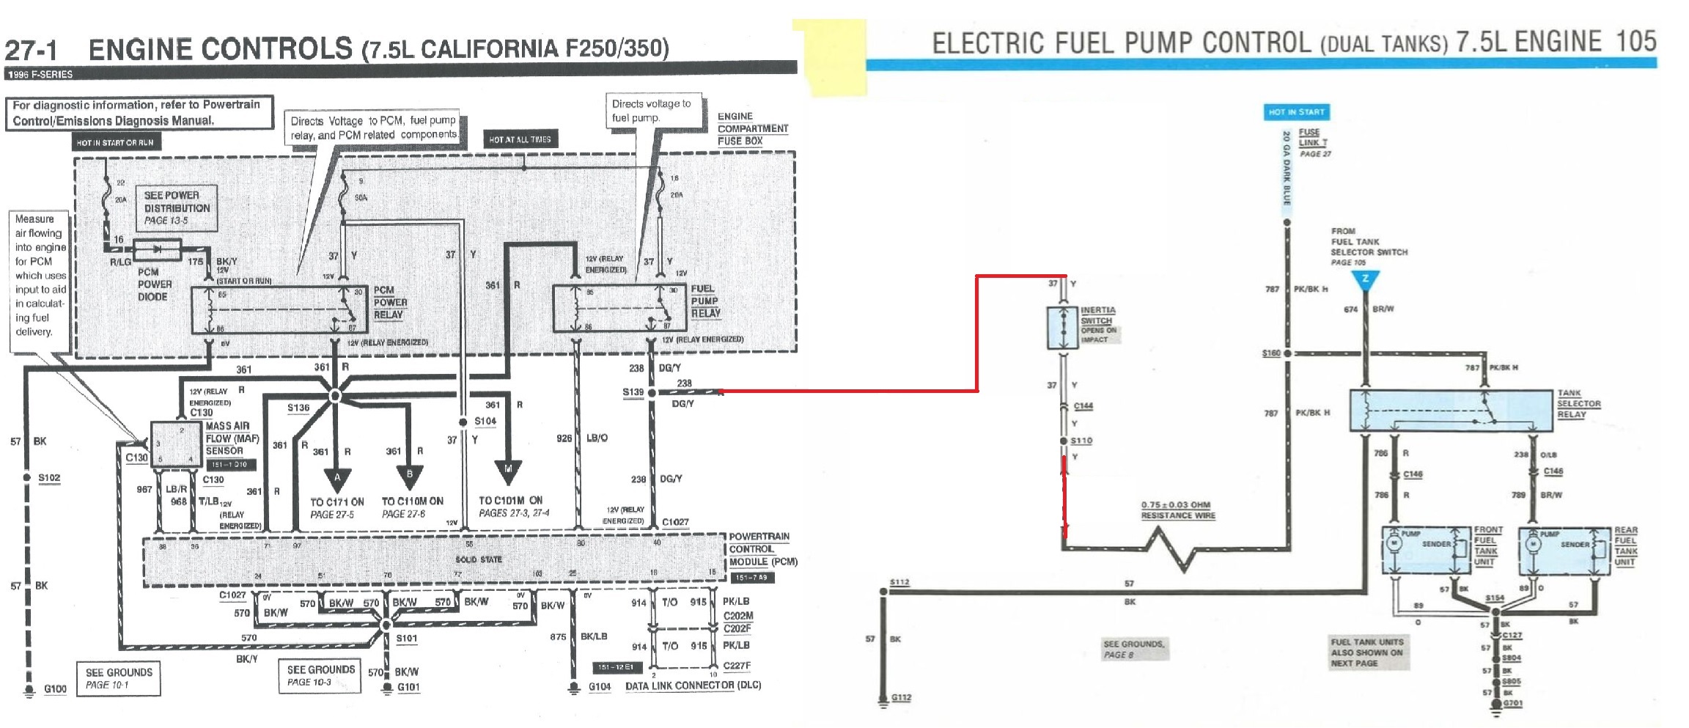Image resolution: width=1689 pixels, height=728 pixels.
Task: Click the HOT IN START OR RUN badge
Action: pos(115,142)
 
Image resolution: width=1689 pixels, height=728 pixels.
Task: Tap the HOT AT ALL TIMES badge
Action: pos(520,139)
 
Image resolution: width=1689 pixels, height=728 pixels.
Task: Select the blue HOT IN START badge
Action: pos(1296,112)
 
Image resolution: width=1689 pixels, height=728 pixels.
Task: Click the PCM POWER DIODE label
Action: pos(154,284)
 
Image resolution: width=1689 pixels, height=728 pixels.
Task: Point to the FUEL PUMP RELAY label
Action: pos(705,301)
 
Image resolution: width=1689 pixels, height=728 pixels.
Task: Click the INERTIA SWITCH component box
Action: pos(1062,327)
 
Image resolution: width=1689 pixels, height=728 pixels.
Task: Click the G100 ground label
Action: pos(55,689)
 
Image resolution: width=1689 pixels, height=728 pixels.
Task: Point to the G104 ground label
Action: pos(599,688)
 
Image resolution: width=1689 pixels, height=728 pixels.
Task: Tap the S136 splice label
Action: pos(298,408)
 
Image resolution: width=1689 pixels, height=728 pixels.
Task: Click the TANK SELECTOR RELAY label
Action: pos(1578,404)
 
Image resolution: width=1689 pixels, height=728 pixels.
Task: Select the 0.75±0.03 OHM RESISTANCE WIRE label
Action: pos(1177,510)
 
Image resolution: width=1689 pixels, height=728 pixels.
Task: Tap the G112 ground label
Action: pos(901,697)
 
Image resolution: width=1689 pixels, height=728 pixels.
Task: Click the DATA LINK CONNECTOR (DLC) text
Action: pos(693,686)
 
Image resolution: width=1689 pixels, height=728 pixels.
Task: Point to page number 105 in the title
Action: pos(1635,41)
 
